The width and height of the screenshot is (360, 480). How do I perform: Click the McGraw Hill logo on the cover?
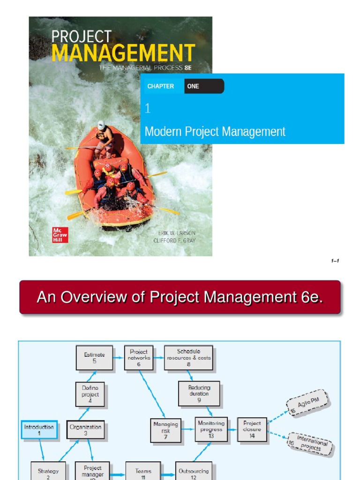click(60, 234)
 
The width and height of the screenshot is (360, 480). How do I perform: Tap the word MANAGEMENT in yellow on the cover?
click(123, 53)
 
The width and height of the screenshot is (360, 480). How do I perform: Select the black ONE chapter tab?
click(204, 86)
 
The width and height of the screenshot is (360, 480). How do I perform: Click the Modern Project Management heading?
click(215, 132)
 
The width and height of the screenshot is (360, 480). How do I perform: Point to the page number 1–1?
click(335, 261)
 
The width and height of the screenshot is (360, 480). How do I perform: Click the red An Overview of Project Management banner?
click(180, 297)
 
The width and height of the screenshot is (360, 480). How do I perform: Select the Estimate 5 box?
click(94, 358)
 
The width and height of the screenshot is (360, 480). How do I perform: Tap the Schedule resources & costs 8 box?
click(188, 358)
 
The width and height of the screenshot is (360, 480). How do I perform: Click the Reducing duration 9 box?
click(199, 394)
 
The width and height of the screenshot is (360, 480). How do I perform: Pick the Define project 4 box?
click(90, 395)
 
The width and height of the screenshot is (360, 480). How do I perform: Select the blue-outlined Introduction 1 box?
click(39, 430)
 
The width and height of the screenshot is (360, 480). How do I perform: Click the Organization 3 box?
click(85, 430)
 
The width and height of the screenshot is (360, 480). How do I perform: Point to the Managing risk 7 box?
click(165, 430)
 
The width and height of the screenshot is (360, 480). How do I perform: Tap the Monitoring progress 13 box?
click(211, 429)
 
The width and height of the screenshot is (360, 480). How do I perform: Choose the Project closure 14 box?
click(252, 429)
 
